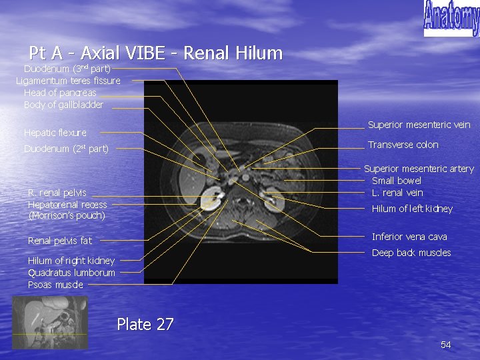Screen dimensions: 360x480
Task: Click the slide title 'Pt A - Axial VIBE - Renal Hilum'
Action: coord(156,53)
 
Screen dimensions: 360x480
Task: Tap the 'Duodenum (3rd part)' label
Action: coord(67,69)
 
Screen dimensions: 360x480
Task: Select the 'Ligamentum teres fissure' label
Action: coord(69,81)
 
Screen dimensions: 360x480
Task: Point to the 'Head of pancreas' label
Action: coord(60,93)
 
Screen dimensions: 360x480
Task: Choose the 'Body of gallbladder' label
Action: coord(63,105)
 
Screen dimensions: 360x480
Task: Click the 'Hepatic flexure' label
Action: coord(55,133)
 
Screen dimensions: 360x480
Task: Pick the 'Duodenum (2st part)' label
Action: coord(66,149)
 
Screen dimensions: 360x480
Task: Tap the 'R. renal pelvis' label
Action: coord(57,193)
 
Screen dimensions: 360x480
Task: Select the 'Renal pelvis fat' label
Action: coord(60,241)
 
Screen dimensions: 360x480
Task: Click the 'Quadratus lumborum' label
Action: coord(71,273)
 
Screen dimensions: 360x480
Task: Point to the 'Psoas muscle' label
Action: coord(55,285)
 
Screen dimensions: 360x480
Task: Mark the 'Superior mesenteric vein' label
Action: coord(419,125)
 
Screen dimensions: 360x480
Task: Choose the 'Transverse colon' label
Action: coord(403,145)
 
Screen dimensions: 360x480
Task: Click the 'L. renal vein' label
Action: coord(397,193)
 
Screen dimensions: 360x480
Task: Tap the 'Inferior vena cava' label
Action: coord(409,237)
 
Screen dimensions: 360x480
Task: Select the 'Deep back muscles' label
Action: coord(411,253)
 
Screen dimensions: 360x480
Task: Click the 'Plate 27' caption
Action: coord(145,325)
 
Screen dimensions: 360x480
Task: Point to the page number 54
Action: coord(446,345)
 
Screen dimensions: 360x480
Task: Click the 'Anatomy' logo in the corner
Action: coord(451,18)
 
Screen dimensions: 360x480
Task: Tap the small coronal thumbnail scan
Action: coord(50,322)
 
